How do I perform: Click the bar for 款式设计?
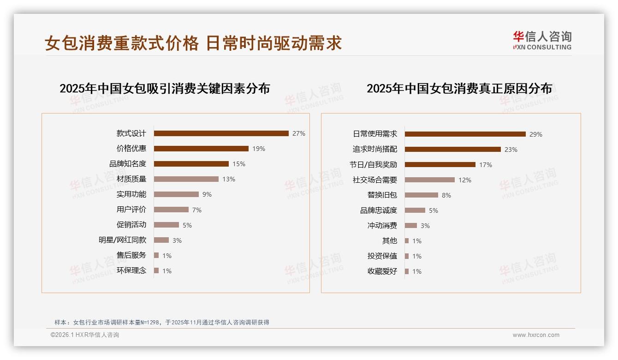(x=221, y=133)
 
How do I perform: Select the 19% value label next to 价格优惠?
(x=259, y=149)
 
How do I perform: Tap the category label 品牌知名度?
(x=128, y=164)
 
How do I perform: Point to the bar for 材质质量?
(x=186, y=179)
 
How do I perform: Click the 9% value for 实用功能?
(x=207, y=194)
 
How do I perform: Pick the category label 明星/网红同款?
(x=122, y=240)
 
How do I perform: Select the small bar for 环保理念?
(x=156, y=270)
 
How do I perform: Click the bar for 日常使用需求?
(x=465, y=134)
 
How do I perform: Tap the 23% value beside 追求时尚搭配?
(x=511, y=150)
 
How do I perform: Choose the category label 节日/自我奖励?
(x=373, y=164)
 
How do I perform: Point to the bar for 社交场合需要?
(x=430, y=180)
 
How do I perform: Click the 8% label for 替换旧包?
(x=446, y=195)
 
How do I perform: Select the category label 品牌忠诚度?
(x=379, y=210)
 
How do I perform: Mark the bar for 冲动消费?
(x=411, y=226)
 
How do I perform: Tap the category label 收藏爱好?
(x=382, y=271)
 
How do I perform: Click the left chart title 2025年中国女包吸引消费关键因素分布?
(x=165, y=88)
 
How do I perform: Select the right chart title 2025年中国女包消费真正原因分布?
(x=459, y=88)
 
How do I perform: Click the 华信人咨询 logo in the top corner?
(x=542, y=40)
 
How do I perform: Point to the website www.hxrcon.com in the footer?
(x=536, y=335)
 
